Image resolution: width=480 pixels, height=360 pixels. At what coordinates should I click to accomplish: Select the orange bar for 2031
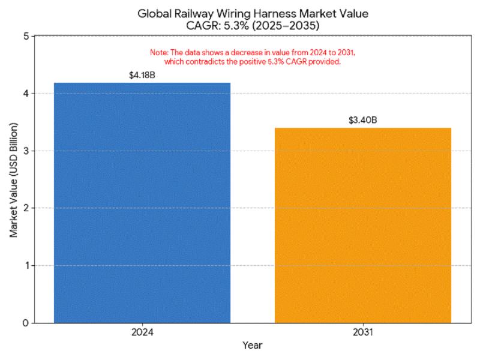click(x=362, y=225)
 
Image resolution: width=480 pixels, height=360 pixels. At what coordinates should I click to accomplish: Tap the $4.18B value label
click(x=142, y=76)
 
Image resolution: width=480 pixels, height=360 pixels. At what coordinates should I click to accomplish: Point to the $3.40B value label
click(x=362, y=121)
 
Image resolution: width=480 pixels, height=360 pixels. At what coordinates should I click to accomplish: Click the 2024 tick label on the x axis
click(x=142, y=331)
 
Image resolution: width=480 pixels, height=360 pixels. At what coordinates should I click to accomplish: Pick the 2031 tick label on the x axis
click(x=362, y=331)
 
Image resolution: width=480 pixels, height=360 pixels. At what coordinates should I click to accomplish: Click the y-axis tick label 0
click(x=25, y=323)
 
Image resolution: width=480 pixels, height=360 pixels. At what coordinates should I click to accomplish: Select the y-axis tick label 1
click(x=25, y=265)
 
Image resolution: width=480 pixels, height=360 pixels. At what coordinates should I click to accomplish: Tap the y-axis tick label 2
click(x=25, y=208)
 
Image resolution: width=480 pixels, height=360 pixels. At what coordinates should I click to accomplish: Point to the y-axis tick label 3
click(x=25, y=151)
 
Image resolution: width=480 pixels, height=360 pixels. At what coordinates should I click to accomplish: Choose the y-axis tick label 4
click(x=25, y=94)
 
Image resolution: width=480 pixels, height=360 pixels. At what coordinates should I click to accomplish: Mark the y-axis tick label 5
click(x=25, y=36)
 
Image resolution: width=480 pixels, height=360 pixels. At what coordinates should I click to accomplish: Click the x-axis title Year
click(x=252, y=346)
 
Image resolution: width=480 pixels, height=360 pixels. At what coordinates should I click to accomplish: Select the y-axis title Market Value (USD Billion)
click(x=13, y=179)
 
